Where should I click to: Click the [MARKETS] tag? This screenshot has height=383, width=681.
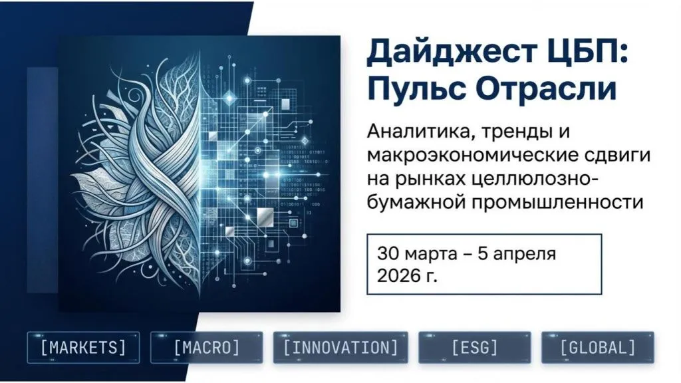coord(83,348)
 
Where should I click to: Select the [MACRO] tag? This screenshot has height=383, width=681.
coord(207,348)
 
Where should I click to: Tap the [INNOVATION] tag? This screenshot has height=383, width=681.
coord(340,348)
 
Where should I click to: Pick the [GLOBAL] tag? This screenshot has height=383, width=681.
coord(598,348)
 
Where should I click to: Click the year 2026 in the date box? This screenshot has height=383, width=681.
coord(398,275)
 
